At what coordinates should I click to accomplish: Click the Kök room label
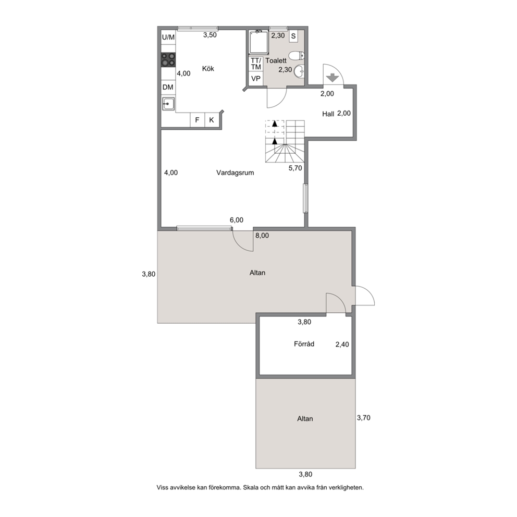208,69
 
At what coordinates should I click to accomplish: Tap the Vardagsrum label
235,173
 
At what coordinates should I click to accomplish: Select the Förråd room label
304,344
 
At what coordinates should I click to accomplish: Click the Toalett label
276,60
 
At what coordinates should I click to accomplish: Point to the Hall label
328,114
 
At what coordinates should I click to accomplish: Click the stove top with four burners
168,60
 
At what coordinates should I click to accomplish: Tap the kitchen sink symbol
168,104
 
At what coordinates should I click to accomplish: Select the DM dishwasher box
168,88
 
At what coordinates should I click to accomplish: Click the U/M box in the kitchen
168,38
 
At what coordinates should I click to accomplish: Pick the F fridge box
197,120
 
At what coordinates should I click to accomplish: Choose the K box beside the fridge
212,120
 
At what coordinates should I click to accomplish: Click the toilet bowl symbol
297,55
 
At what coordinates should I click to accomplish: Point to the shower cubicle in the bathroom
259,42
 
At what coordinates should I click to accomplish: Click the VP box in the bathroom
256,79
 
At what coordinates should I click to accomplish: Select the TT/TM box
256,64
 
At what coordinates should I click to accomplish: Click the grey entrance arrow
332,78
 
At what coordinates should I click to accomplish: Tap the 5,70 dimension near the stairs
295,168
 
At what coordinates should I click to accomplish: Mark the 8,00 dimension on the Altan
262,236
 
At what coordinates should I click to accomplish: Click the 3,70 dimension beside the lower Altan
364,418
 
